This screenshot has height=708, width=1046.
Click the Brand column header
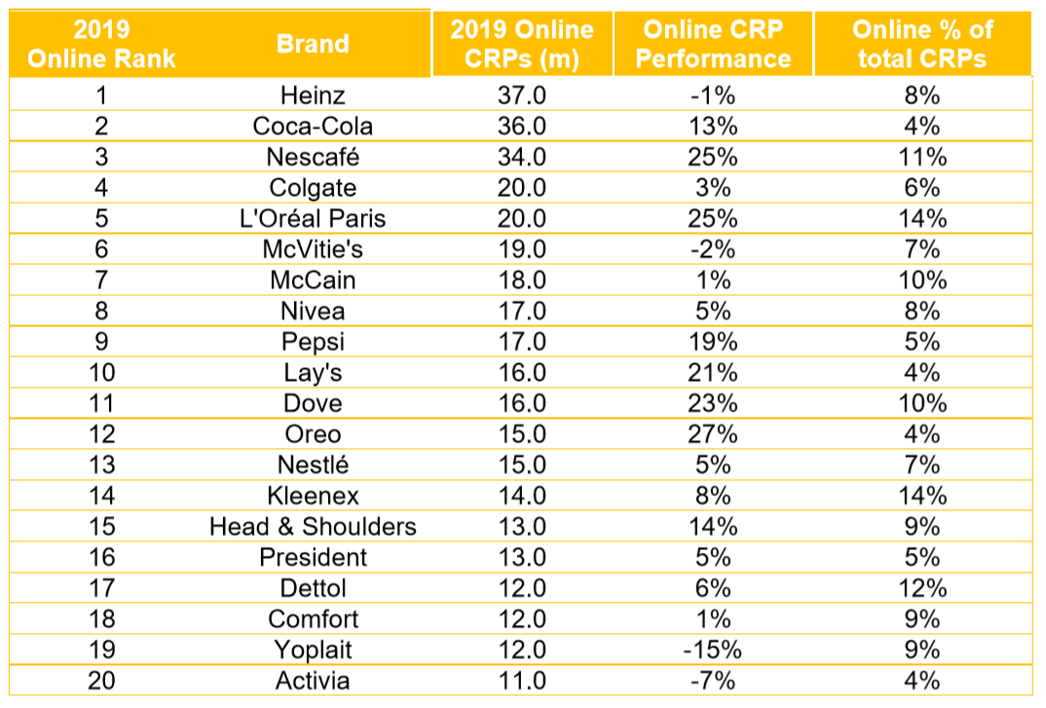[313, 43]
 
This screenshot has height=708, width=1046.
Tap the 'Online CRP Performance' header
[714, 43]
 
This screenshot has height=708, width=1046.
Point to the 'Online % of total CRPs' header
[920, 43]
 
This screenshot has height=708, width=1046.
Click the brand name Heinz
[313, 95]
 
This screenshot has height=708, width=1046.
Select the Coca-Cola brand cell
[313, 126]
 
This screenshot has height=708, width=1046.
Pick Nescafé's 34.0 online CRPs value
[521, 157]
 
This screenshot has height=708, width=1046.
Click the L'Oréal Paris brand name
[313, 218]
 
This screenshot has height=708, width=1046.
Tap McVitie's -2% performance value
[714, 249]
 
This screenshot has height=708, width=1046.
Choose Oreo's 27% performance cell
[714, 434]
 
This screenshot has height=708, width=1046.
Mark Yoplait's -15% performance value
[714, 650]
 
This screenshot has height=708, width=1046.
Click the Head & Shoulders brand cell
[313, 527]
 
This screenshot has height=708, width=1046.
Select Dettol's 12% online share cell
[920, 588]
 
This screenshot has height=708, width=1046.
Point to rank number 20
[101, 681]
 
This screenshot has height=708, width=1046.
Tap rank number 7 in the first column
[101, 280]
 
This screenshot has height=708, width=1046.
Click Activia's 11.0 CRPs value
[521, 681]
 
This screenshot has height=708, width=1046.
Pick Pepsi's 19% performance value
[714, 342]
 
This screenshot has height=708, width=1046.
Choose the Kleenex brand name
[313, 496]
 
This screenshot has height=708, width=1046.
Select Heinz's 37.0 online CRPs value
[521, 95]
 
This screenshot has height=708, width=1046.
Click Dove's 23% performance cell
[714, 403]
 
